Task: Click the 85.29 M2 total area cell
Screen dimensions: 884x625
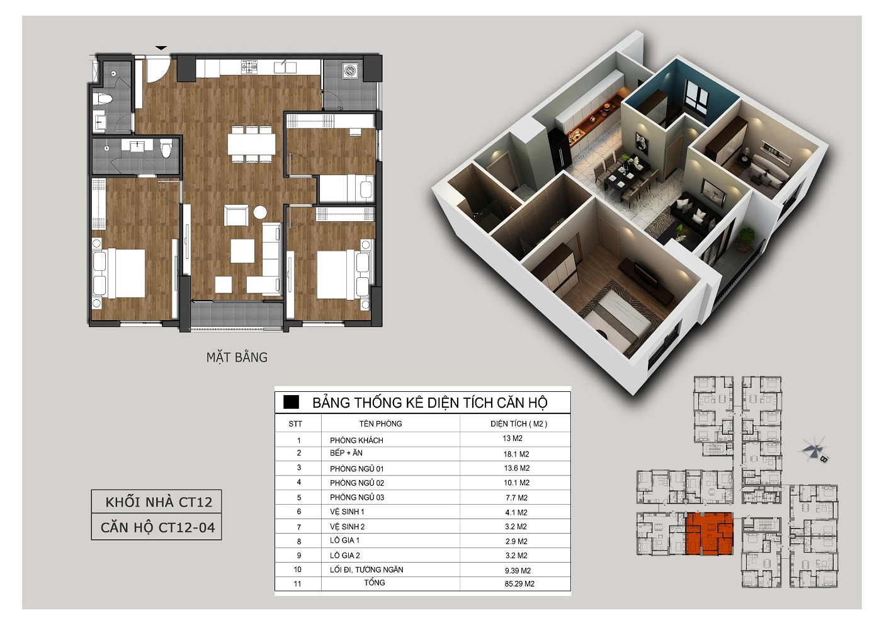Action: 519,584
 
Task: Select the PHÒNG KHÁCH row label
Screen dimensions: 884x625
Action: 356,440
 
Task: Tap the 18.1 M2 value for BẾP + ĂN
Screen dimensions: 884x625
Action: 516,454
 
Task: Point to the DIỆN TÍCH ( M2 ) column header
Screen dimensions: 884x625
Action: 519,423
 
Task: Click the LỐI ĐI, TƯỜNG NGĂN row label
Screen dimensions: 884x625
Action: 366,570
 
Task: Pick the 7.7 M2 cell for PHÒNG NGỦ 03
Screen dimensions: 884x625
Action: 516,498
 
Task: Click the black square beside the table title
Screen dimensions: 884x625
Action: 292,402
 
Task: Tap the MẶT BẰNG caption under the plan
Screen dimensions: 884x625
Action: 237,357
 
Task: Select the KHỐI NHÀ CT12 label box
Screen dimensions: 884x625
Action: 156,502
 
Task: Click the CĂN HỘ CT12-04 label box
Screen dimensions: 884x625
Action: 156,527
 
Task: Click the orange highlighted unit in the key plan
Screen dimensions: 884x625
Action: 709,534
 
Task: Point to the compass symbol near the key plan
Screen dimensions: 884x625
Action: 813,450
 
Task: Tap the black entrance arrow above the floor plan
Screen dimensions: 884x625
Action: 161,48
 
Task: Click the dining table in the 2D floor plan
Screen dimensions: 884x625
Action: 251,144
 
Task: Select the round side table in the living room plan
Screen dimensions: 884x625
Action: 260,212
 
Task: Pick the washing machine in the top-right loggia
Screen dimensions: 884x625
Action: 351,71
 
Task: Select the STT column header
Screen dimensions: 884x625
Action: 295,424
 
